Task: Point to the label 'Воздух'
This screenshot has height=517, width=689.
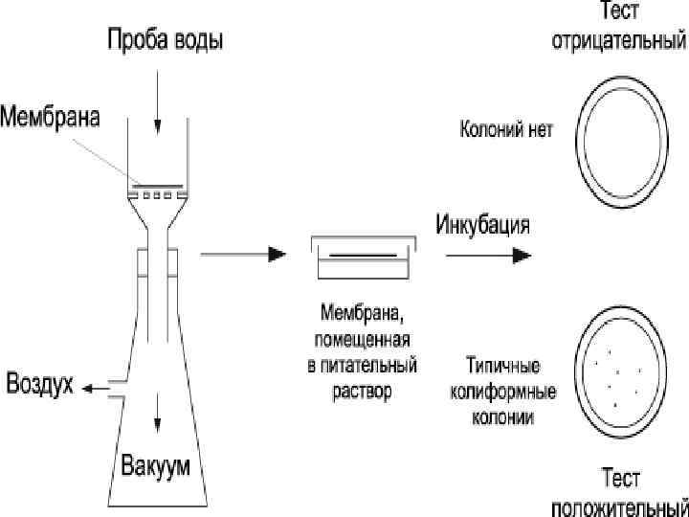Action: tap(41, 385)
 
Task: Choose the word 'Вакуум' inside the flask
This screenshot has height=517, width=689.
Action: tap(155, 467)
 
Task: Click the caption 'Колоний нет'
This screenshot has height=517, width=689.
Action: tap(506, 129)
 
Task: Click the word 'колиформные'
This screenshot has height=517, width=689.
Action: tap(501, 390)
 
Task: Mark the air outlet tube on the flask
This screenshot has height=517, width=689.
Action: tap(115, 388)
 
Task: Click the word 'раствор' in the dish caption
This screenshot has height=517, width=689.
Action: tap(363, 393)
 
